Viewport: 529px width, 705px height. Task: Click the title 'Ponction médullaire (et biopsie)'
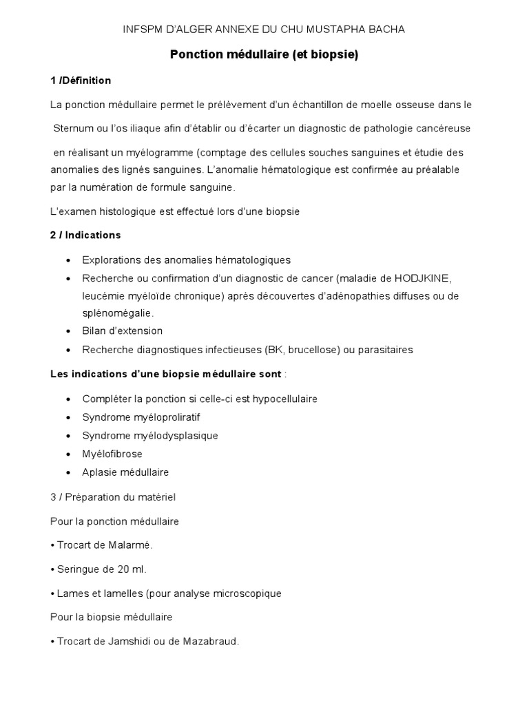[264, 56]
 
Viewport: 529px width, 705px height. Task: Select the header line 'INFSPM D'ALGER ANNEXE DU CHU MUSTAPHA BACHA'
[264, 29]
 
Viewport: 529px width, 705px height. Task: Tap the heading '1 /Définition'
[81, 81]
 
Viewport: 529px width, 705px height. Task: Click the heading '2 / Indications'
[85, 235]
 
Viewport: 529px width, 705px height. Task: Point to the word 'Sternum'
[74, 129]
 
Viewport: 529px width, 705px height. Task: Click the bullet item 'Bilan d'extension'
[122, 331]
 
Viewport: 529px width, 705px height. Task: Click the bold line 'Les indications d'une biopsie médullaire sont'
[166, 375]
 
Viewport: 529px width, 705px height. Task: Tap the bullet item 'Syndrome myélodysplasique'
[149, 436]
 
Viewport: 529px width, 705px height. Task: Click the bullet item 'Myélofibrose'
[112, 454]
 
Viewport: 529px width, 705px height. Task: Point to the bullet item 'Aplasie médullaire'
[125, 472]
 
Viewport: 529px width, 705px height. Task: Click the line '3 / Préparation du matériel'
[117, 496]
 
